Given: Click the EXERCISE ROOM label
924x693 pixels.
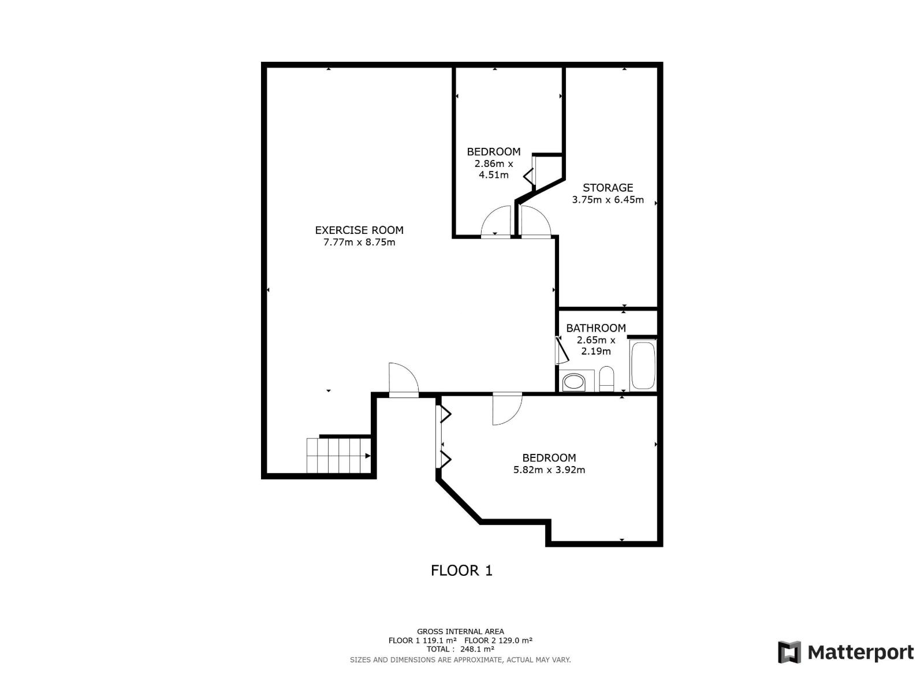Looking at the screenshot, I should (359, 230).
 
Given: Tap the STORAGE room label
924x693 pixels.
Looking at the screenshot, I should (608, 188).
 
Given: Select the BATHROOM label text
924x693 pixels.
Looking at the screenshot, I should (595, 328).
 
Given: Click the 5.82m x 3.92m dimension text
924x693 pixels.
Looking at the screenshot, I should (549, 470).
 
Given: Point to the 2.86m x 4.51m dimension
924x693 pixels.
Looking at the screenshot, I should (493, 169).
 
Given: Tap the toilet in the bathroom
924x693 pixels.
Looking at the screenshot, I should (606, 379).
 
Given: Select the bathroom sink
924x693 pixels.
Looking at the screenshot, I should (574, 382).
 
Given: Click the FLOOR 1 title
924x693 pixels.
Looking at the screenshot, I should (461, 571).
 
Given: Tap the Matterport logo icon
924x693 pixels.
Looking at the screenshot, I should (789, 653).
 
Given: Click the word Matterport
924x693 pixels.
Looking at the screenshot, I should (860, 653).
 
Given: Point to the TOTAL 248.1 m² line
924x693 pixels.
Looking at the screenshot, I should (460, 649).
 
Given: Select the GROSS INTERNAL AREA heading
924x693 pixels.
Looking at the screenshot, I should (460, 632).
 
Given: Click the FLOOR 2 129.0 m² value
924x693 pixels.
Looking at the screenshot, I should (498, 640).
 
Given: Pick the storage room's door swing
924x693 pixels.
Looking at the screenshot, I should (535, 222).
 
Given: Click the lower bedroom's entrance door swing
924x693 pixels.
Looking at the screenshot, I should (506, 409).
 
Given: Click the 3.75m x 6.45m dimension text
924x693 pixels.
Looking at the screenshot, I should (608, 200).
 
